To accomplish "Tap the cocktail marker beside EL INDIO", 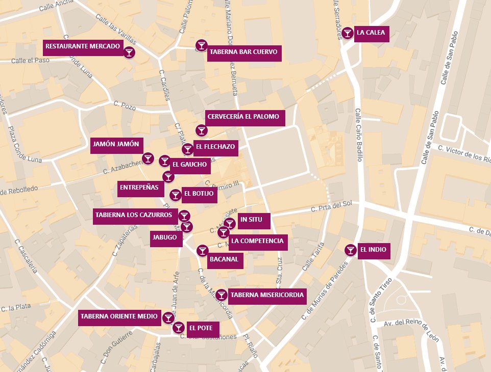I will [350, 250].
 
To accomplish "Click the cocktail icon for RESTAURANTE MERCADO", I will [129, 52].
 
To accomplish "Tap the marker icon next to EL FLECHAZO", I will [187, 149].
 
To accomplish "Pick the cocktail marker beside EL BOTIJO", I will [175, 195].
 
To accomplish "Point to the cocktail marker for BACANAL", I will [202, 250].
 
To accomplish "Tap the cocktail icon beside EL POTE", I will [179, 328].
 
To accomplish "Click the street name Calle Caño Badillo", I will [359, 135].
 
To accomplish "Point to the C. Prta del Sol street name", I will [332, 206].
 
